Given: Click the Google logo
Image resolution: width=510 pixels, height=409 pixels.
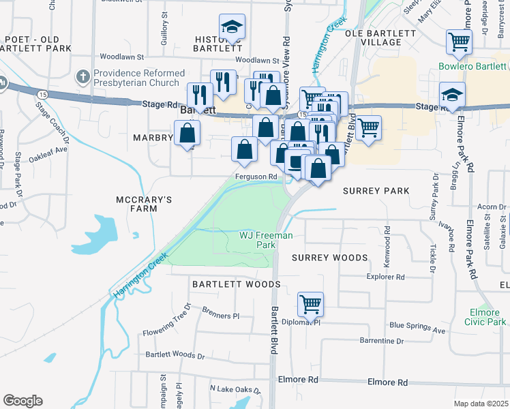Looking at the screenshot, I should tap(22, 401).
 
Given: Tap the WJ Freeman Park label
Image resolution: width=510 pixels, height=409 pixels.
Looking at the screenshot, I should tap(265, 240).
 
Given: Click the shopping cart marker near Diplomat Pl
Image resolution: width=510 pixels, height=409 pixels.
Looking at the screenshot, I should tap(310, 304).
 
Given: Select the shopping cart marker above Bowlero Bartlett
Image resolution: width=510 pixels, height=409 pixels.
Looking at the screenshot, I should tap(459, 42).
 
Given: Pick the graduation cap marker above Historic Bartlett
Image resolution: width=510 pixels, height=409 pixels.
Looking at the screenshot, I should tap(232, 27).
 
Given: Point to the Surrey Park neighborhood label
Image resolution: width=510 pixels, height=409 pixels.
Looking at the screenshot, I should tap(376, 192).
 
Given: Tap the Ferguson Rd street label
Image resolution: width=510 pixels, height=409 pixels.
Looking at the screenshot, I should tap(256, 177).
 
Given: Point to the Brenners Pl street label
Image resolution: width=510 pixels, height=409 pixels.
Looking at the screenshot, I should tap(221, 316).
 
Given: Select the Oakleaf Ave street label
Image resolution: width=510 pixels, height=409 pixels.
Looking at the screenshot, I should tap(52, 149).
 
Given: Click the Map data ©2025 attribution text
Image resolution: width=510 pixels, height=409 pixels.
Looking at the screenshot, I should tap(481, 404).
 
